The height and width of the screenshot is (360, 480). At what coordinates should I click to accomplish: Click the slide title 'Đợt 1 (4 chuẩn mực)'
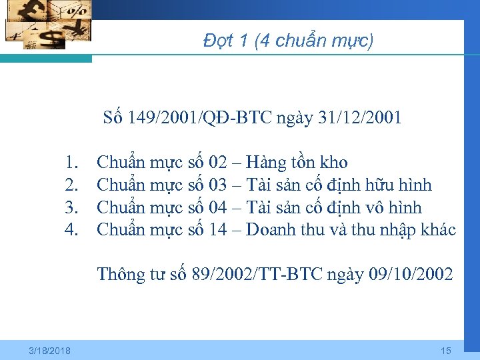(x=289, y=41)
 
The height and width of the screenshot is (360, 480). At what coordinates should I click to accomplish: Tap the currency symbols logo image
(x=47, y=25)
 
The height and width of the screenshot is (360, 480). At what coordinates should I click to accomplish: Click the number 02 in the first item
(x=217, y=162)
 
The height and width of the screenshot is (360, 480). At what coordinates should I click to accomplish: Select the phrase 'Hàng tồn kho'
(x=297, y=162)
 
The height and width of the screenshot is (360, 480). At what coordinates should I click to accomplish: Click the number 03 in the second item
(x=217, y=185)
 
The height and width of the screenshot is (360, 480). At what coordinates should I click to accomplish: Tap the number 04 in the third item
(x=217, y=207)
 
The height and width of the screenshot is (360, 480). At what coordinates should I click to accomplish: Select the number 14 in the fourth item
(x=217, y=230)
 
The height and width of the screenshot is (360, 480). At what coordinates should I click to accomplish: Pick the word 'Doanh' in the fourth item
(x=271, y=230)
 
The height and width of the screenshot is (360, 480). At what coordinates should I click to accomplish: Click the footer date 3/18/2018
(x=51, y=351)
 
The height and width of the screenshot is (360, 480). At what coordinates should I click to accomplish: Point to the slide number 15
(x=446, y=351)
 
